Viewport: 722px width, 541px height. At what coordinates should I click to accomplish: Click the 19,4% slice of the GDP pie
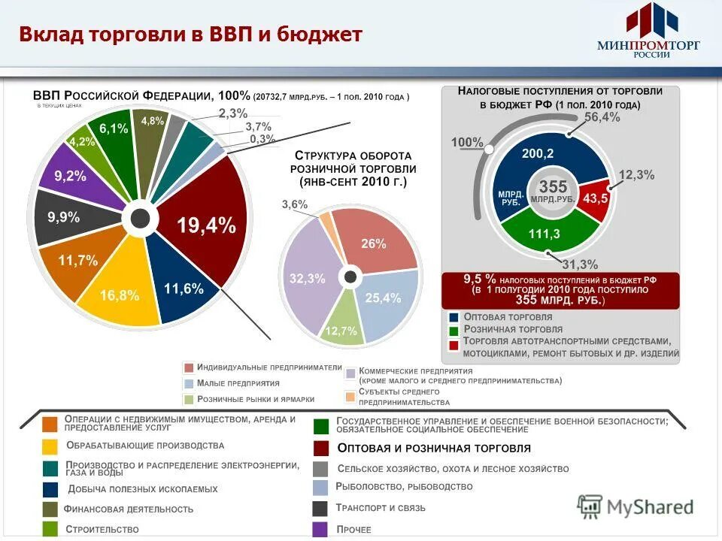pyautogui.click(x=205, y=225)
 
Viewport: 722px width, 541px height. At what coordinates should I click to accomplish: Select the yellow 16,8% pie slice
pyautogui.click(x=119, y=295)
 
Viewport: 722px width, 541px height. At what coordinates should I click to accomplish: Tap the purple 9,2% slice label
pyautogui.click(x=70, y=177)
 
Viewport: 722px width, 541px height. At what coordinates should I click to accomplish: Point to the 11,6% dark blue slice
pyautogui.click(x=183, y=288)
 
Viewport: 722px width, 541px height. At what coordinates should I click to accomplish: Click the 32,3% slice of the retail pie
pyautogui.click(x=308, y=278)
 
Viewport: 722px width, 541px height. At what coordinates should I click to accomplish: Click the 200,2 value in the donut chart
pyautogui.click(x=538, y=153)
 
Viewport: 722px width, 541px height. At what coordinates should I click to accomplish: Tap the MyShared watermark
pyautogui.click(x=636, y=506)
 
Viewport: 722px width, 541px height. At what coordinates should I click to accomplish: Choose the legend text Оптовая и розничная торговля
pyautogui.click(x=434, y=448)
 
